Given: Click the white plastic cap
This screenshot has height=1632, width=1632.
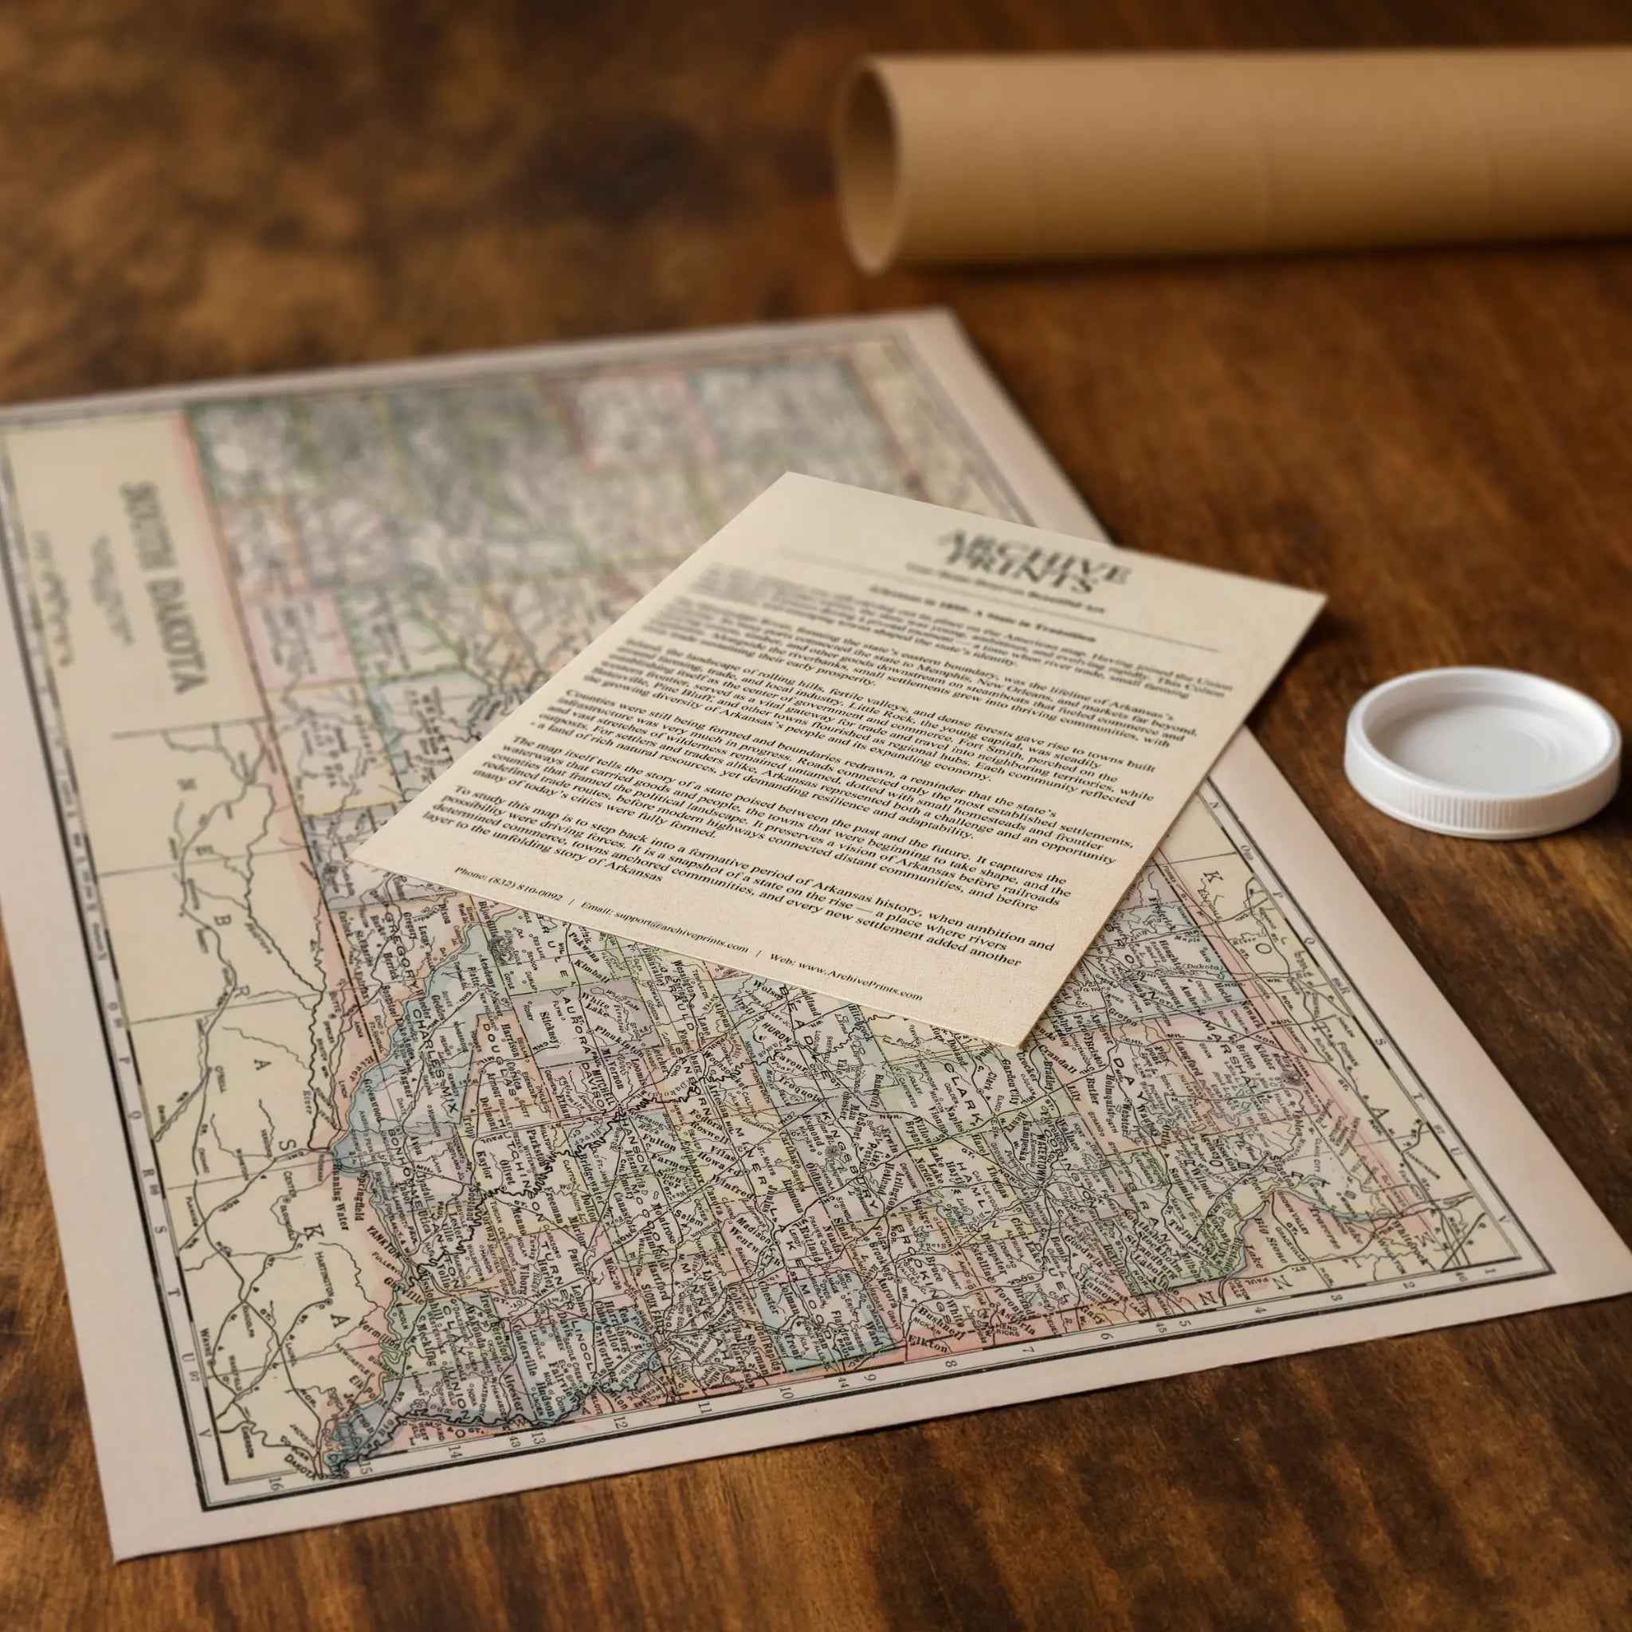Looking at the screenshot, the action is (x=1481, y=751).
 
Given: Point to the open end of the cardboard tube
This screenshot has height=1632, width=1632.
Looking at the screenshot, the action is (x=870, y=169).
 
